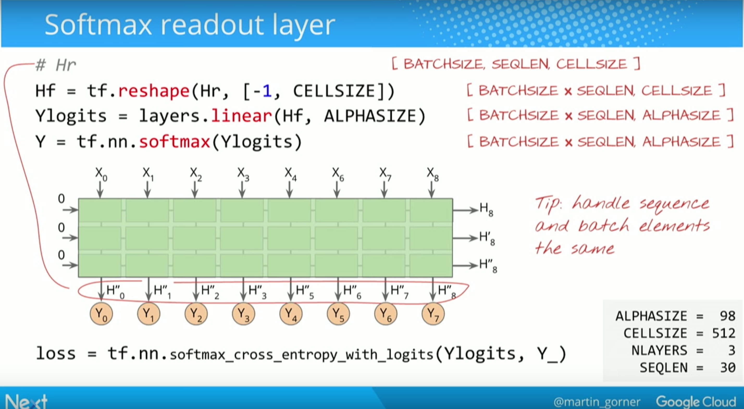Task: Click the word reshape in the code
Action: click(154, 91)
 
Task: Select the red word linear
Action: click(242, 116)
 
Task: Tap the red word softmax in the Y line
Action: click(175, 142)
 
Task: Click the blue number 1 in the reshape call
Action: click(267, 91)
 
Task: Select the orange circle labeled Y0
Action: click(101, 314)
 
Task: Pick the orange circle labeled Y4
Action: click(290, 314)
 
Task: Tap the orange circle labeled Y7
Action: click(433, 314)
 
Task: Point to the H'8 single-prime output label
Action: click(487, 238)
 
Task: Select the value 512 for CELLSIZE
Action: click(723, 333)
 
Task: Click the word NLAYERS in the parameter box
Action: click(659, 351)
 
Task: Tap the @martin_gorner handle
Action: click(597, 402)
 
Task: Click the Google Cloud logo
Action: click(696, 401)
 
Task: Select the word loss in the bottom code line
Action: click(56, 354)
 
